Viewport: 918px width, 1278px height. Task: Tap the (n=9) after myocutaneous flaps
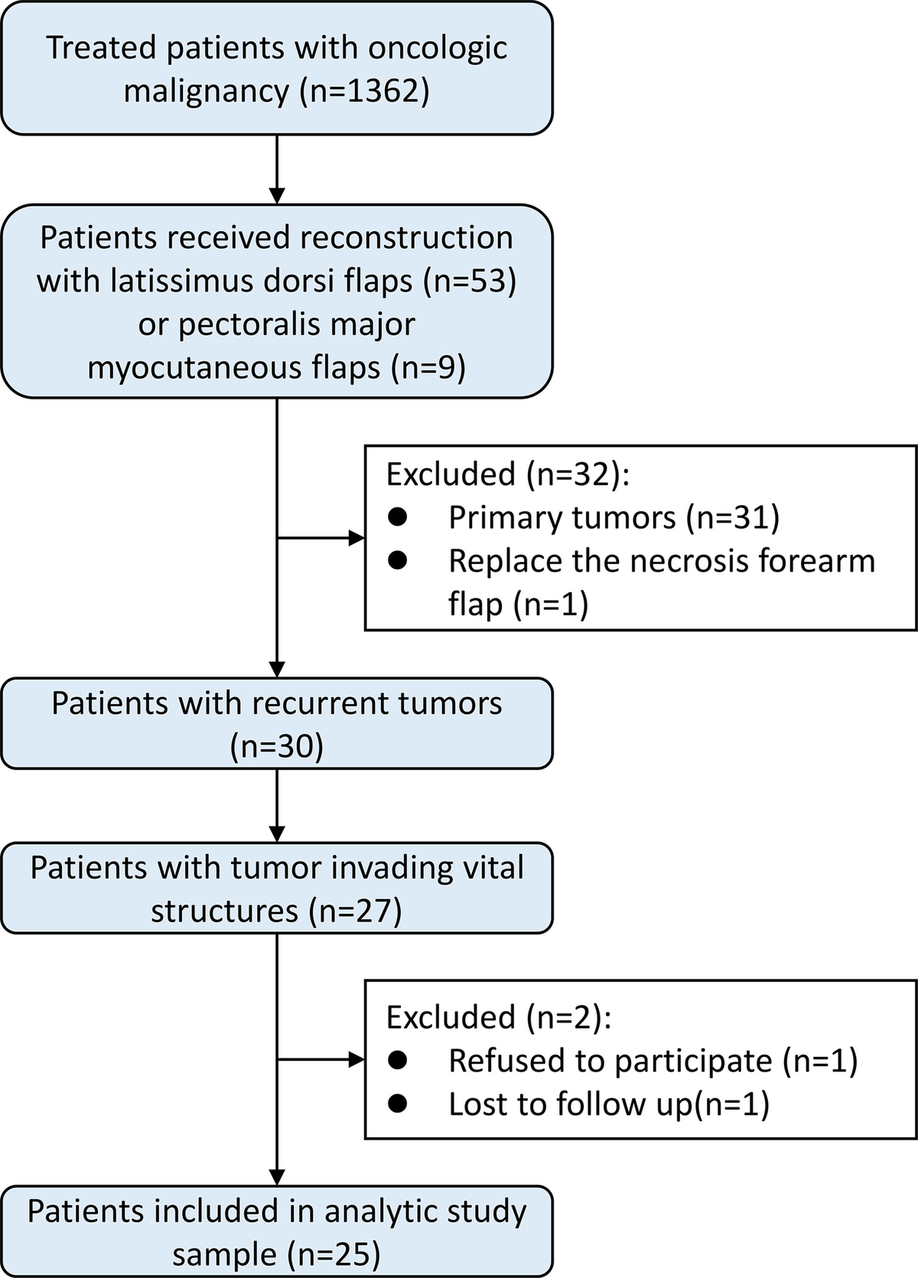coord(428,368)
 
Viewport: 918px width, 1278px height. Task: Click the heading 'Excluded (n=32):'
coord(507,474)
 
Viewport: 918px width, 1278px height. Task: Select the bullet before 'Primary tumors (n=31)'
coord(398,517)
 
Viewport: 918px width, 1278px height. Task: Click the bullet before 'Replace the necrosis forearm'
coord(398,561)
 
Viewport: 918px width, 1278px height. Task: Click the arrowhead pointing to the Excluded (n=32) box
coord(357,538)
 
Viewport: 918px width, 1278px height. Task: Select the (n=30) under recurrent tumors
coord(277,746)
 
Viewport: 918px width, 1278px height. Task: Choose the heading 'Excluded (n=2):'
coord(499,1016)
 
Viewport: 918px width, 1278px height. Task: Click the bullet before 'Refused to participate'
coord(398,1060)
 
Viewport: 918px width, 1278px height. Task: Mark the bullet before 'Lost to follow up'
coord(398,1104)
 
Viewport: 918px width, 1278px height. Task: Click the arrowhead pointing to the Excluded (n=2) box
coord(357,1060)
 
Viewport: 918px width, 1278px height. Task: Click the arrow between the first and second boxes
coord(277,168)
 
